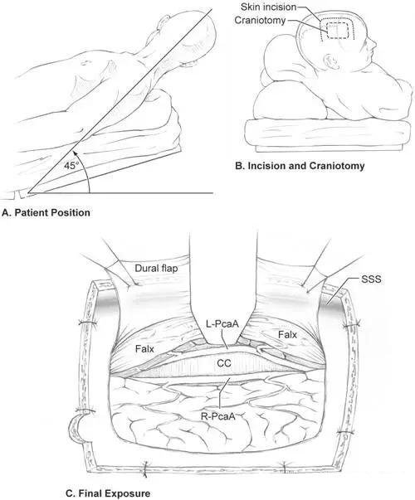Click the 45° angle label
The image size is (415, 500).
pos(71,166)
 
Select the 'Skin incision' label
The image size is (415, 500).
pos(268,7)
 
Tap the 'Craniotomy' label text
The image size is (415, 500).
pos(260,21)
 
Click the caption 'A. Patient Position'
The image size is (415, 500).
pos(46,212)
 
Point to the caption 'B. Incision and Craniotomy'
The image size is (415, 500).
pos(300,166)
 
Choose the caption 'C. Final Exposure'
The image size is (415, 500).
pos(108,493)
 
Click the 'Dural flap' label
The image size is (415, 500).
pos(156,268)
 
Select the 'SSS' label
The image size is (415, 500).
pos(371,279)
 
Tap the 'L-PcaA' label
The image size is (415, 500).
pos(222,324)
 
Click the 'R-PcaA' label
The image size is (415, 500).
pos(218,416)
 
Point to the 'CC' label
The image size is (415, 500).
pos(224,363)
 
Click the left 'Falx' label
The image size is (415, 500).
pos(144,349)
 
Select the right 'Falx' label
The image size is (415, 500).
pos(287,335)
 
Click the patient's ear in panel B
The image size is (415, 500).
pos(330,61)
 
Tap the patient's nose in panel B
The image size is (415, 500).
pos(373,44)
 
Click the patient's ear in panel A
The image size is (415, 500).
pos(163,23)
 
